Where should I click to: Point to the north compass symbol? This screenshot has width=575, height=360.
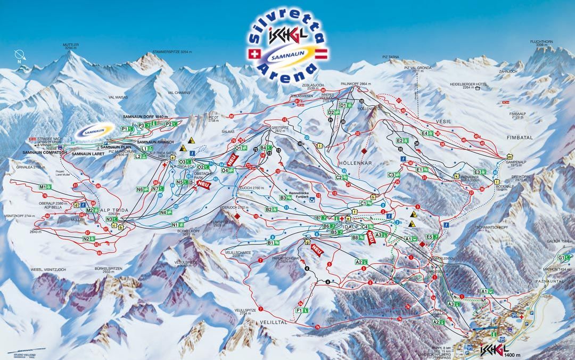click(x=19, y=55)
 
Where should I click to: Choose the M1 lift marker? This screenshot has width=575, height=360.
click(x=44, y=187)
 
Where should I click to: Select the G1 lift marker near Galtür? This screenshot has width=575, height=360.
click(x=561, y=258)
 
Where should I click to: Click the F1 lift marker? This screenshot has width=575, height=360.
click(x=299, y=310)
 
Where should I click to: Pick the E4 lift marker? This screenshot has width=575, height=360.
click(x=425, y=133)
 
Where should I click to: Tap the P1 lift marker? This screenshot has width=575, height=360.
click(x=126, y=129)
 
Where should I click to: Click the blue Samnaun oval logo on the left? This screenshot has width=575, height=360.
click(x=95, y=131)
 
